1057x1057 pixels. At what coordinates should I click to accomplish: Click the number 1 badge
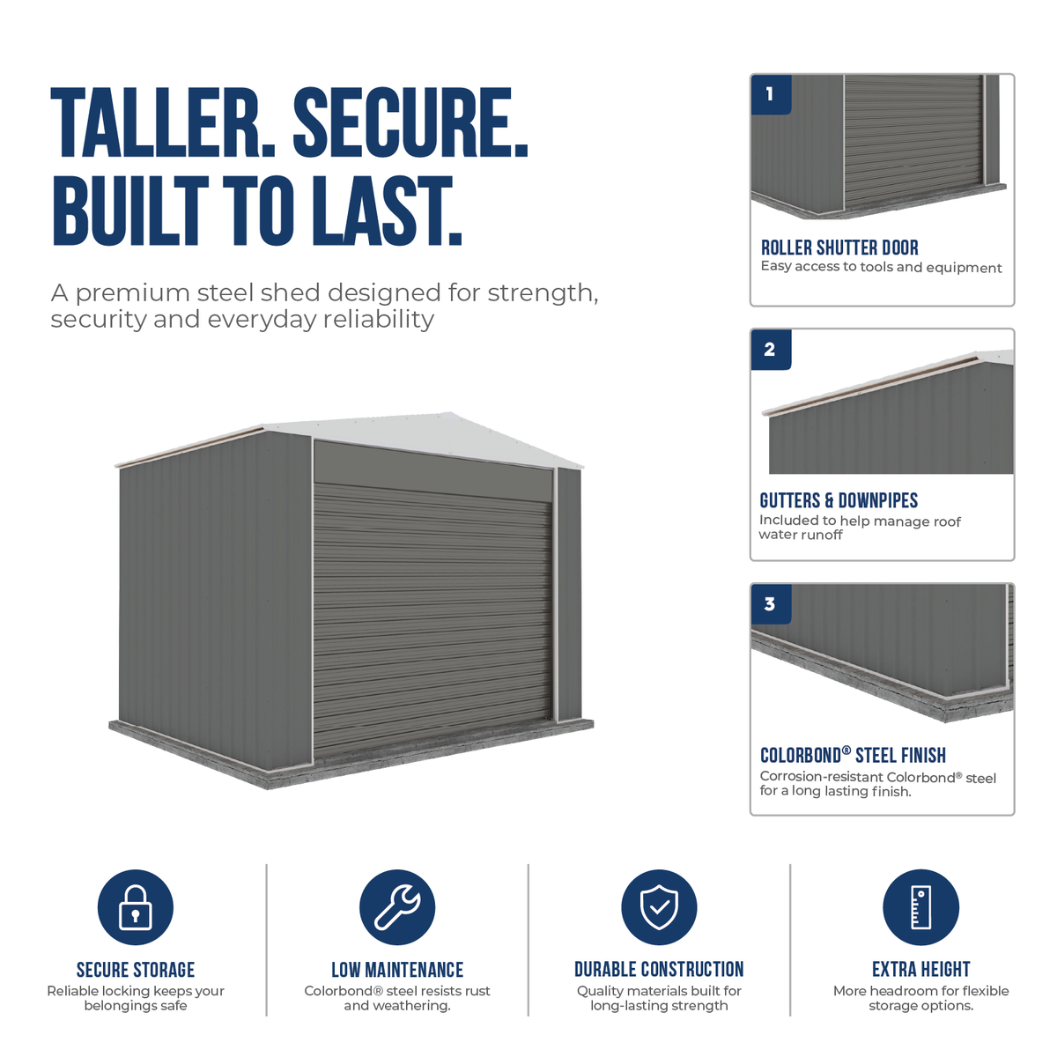(x=771, y=94)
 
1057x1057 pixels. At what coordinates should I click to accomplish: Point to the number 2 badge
(x=771, y=350)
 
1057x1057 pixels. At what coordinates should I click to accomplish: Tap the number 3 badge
(x=771, y=604)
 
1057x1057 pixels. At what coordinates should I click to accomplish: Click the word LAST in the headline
(x=387, y=211)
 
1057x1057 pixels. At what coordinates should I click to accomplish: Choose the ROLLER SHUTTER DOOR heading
(x=839, y=248)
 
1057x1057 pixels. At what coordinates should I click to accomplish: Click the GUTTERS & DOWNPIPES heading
(x=839, y=500)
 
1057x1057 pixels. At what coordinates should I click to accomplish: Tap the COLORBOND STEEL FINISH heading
(x=853, y=755)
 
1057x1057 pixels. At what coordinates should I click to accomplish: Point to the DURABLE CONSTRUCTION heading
(x=659, y=969)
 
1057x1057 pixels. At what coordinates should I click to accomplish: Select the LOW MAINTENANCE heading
(x=397, y=970)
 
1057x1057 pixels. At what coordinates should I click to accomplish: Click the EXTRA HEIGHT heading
(x=921, y=969)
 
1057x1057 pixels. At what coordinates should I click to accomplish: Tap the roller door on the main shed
(x=432, y=617)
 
